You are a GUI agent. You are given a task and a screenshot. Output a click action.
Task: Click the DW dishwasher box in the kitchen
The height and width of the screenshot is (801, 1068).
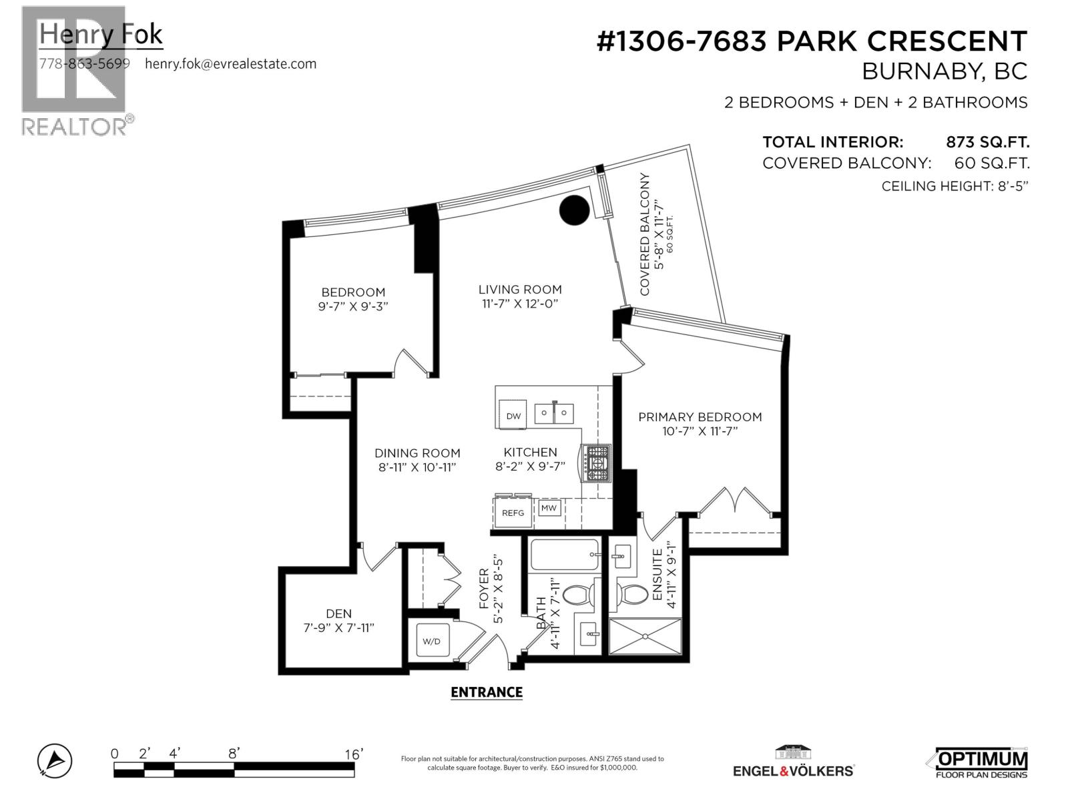click(512, 415)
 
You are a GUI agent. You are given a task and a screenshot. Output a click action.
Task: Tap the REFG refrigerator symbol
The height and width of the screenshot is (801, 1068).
click(513, 513)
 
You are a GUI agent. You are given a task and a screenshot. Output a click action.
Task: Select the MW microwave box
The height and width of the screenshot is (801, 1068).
click(549, 509)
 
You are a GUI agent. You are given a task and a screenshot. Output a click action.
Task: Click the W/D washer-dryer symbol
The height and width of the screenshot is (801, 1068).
click(431, 641)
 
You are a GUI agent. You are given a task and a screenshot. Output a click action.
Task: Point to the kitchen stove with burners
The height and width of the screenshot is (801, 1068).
click(597, 463)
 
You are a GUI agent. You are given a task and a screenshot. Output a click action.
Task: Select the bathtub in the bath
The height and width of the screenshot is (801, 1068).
click(565, 555)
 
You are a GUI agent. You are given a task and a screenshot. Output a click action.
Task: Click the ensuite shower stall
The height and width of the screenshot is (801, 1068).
click(645, 637)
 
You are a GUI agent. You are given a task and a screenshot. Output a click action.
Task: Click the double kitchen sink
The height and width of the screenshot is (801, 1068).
click(554, 413)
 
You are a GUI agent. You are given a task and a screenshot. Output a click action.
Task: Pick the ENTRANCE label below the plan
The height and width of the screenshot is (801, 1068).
click(487, 692)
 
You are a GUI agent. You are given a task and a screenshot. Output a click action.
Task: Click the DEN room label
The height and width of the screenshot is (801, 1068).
click(338, 613)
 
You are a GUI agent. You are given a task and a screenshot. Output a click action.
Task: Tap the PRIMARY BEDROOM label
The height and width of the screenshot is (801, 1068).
click(700, 417)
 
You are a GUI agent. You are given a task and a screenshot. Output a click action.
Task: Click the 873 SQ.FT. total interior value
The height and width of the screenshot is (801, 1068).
click(987, 142)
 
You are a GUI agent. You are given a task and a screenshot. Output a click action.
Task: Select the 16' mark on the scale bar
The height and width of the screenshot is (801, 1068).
click(353, 754)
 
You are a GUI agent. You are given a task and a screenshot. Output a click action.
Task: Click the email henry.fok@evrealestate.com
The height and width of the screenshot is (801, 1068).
click(230, 64)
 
